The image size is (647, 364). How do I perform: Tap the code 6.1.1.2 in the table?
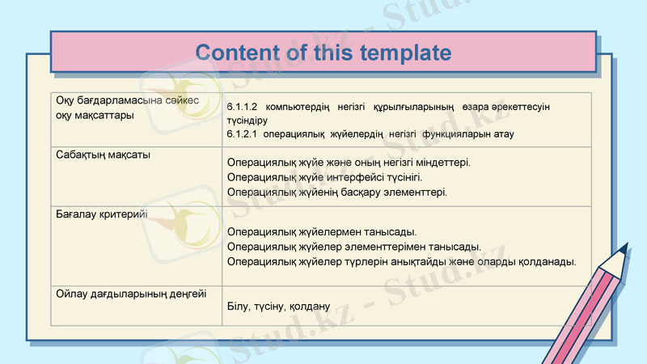(x=241, y=107)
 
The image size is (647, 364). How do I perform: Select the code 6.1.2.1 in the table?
(x=241, y=133)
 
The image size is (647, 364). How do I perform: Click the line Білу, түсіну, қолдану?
(x=279, y=307)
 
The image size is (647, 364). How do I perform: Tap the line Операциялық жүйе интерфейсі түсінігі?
(x=324, y=177)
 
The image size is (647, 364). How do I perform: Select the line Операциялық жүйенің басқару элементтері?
(x=336, y=192)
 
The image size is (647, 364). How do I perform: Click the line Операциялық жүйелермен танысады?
(x=322, y=233)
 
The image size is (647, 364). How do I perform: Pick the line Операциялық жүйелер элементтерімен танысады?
(x=354, y=247)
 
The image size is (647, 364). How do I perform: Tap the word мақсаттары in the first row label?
(x=105, y=115)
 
